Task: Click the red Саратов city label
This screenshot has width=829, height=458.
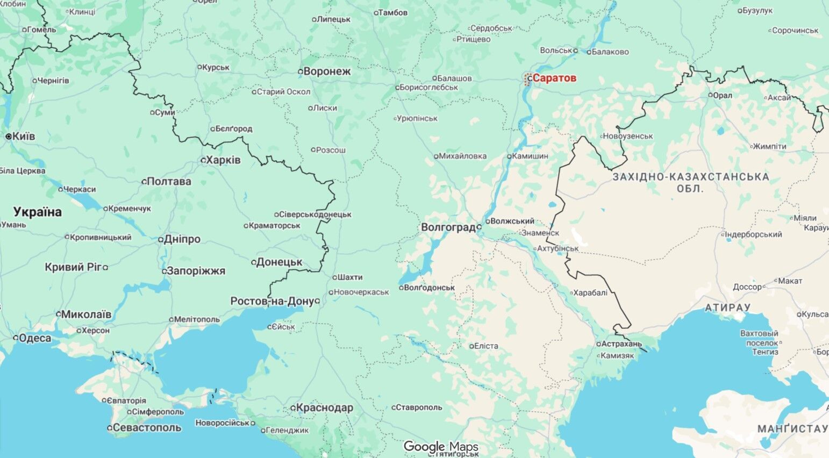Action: point(554,78)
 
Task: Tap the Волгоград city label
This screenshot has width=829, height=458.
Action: point(448,227)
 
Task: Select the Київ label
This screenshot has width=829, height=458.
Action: point(24,137)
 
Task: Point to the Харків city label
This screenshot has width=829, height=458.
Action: point(223,160)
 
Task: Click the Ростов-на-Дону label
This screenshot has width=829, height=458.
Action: point(271,301)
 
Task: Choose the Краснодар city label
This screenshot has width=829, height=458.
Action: point(324,408)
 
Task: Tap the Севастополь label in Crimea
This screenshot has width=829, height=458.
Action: point(147,428)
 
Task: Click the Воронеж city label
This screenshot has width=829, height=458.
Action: point(327,71)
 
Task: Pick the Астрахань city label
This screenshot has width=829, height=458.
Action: point(622,343)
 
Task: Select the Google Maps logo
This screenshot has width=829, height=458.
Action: point(440,447)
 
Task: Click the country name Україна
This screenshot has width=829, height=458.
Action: point(38,212)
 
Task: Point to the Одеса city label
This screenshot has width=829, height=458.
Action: point(35,338)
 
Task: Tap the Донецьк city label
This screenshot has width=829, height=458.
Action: point(279,262)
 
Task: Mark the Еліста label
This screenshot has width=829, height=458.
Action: point(486,346)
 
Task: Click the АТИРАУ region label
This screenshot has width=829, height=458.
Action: point(727,307)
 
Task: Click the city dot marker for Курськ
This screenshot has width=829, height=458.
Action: point(199,67)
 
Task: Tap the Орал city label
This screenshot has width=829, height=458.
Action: point(723,95)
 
